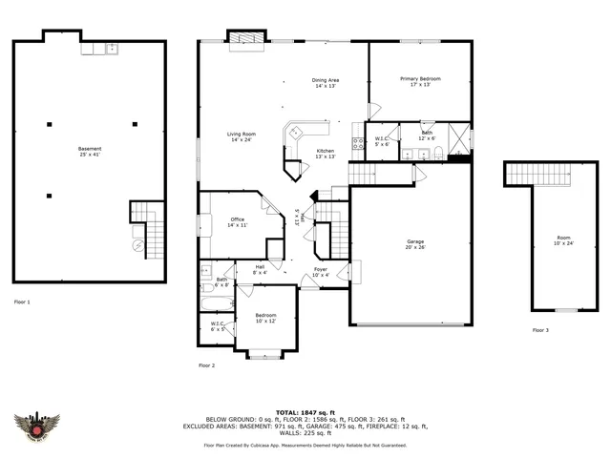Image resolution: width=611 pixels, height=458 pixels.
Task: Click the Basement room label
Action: (x=89, y=151)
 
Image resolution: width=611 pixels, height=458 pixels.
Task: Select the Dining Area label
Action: (x=326, y=83)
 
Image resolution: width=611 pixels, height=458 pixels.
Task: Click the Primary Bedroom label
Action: (x=420, y=81)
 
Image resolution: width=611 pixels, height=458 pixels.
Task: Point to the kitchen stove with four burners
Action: (x=358, y=144)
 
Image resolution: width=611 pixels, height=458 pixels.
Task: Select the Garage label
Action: (x=415, y=244)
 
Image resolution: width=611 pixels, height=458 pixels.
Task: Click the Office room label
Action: (x=237, y=222)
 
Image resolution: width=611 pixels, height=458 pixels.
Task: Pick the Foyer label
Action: (x=321, y=273)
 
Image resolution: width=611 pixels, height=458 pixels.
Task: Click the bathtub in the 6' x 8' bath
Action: (x=215, y=304)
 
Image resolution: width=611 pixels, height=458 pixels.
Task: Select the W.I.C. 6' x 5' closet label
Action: (x=218, y=326)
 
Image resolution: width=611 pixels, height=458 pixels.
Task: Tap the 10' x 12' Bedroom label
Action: (x=264, y=318)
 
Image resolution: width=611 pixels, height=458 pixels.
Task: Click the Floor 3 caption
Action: (x=540, y=330)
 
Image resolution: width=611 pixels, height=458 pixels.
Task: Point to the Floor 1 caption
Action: (x=22, y=302)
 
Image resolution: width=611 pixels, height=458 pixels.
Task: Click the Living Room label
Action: (x=241, y=137)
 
